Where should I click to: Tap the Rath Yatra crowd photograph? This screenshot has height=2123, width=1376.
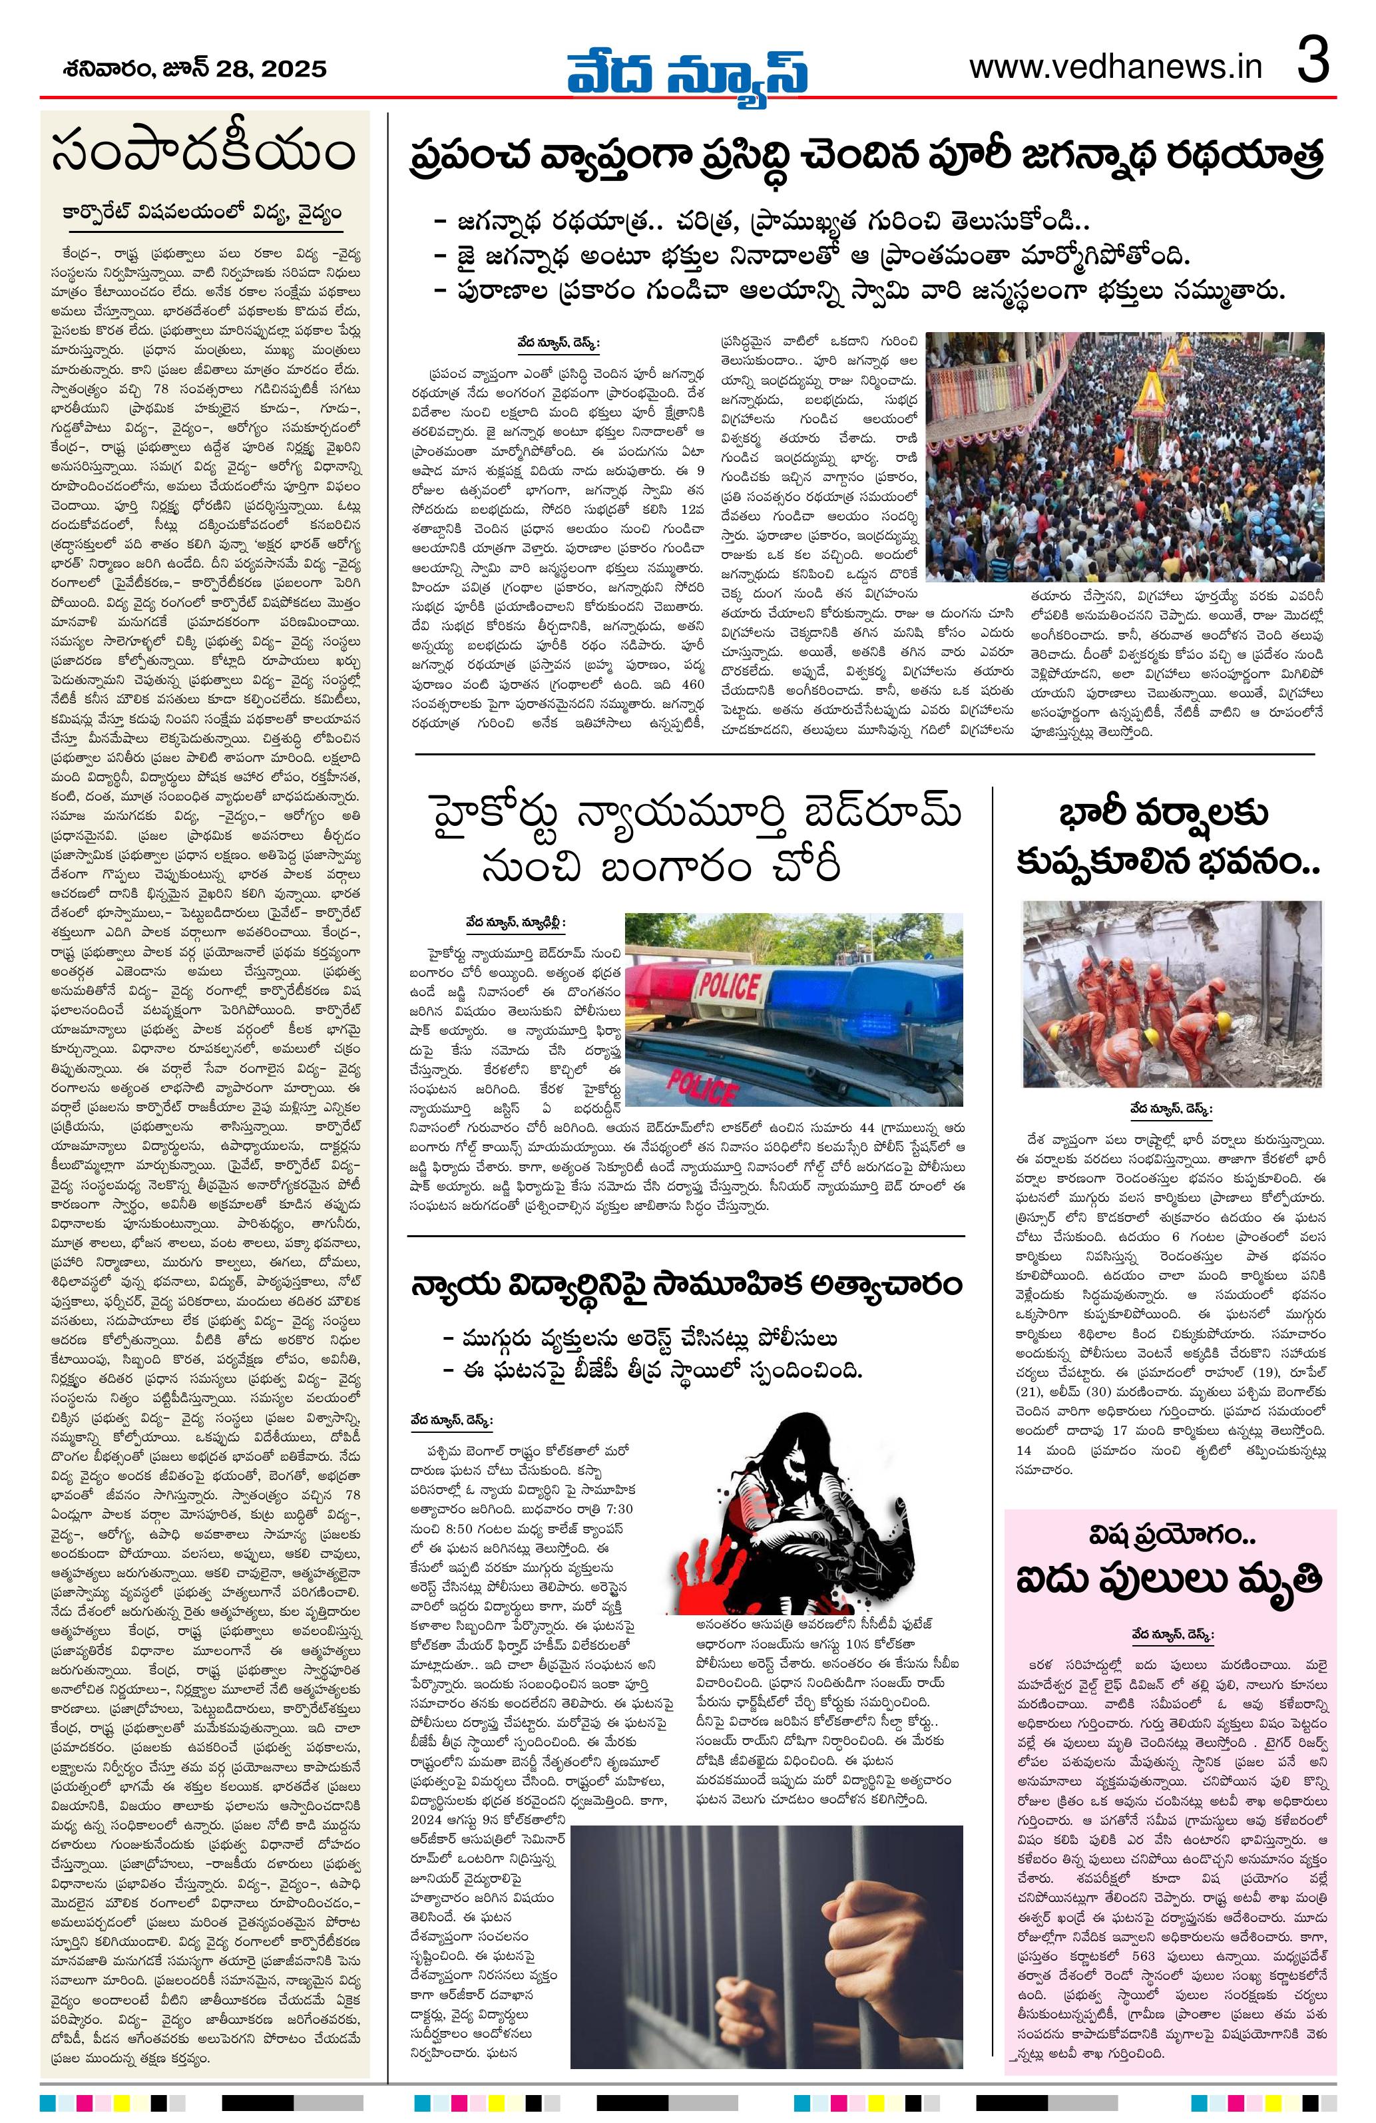[1124, 456]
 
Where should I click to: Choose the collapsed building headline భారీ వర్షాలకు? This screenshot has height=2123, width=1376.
[1168, 836]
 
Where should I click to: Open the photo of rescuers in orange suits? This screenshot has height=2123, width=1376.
[1172, 993]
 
